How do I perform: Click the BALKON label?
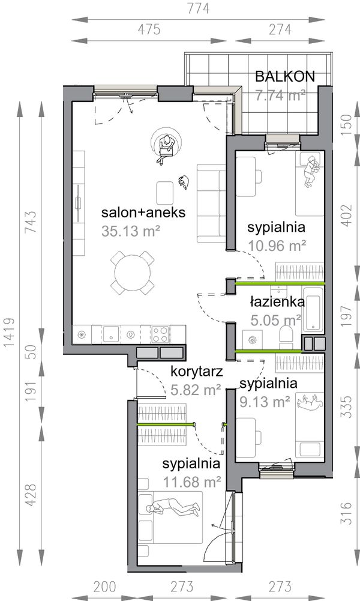pos(285,77)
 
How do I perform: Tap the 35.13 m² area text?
pos(131,231)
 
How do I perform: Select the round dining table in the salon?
pos(133,273)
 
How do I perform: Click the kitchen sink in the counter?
pos(111,334)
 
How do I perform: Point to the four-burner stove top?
pos(160,334)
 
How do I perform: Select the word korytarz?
pos(196,372)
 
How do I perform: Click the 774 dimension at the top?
pos(199,8)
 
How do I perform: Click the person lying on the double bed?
pos(174,506)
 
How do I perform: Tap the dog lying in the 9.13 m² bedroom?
pos(310,402)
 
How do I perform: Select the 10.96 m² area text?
pos(277,246)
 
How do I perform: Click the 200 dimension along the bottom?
pos(104,587)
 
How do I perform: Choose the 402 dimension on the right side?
pos(346,216)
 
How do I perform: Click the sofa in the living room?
pos(211,204)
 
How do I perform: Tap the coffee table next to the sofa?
pos(166,193)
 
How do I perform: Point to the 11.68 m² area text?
pos(192,482)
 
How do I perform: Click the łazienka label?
pos(278,301)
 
